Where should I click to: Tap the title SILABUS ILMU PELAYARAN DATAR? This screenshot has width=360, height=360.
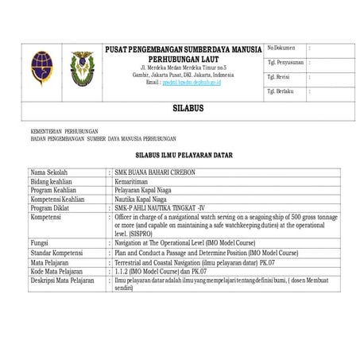183,156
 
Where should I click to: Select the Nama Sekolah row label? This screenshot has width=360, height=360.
49,172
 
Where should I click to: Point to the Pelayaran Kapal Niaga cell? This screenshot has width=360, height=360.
147,189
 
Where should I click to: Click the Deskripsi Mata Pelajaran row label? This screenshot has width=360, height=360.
63,279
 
